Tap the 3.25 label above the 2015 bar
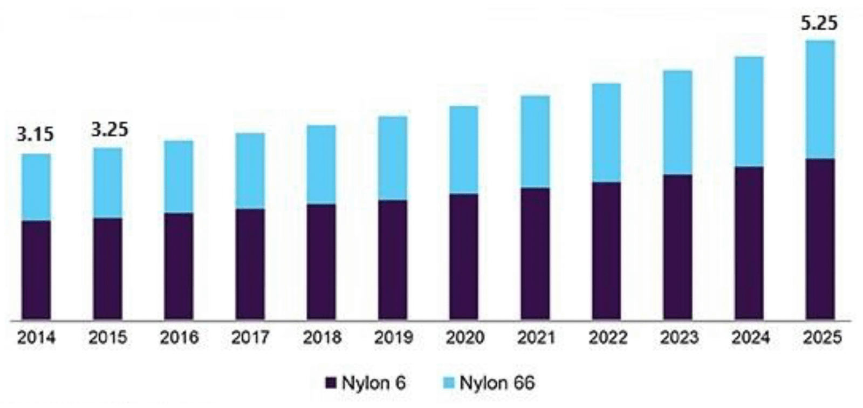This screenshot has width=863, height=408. click(109, 130)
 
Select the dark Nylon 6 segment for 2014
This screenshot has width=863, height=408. click(36, 270)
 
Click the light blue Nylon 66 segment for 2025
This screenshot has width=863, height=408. click(820, 100)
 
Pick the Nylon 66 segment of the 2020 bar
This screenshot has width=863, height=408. click(463, 150)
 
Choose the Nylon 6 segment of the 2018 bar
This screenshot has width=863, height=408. click(321, 262)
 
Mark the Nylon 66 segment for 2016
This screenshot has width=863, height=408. click(179, 177)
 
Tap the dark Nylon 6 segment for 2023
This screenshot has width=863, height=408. click(677, 247)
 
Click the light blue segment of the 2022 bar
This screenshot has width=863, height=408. click(606, 133)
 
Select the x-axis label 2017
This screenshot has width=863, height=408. click(250, 338)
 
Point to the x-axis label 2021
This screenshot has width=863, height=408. click(536, 338)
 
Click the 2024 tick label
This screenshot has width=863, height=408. click(750, 338)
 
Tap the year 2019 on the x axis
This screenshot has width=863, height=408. click(393, 338)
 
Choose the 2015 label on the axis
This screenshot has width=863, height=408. click(108, 338)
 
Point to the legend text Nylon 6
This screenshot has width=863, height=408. click(373, 383)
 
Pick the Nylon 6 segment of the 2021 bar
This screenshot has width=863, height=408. click(535, 254)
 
